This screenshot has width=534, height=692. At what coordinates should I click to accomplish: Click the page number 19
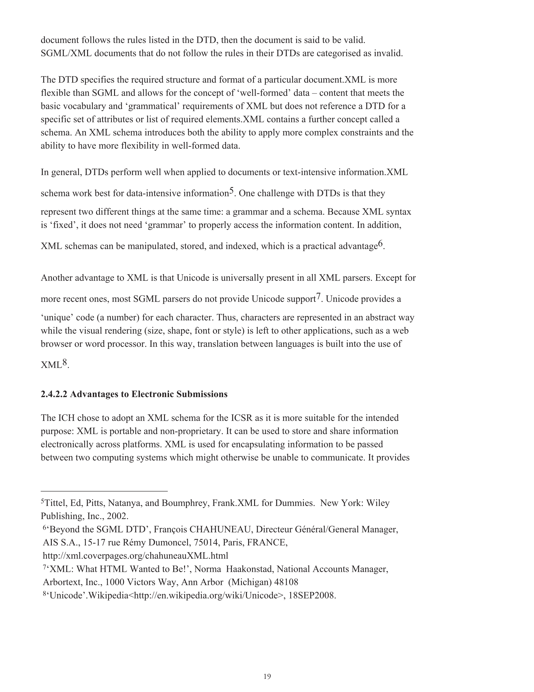coord(267,676)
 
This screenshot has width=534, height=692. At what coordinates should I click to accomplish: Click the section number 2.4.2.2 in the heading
coord(54,394)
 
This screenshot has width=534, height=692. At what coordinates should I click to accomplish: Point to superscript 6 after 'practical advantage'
coord(380,244)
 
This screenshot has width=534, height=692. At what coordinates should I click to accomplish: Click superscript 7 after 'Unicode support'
coord(318,297)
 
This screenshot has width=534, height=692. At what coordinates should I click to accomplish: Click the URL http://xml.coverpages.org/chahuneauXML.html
coord(136,556)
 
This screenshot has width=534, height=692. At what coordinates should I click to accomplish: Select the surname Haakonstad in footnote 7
coord(249,569)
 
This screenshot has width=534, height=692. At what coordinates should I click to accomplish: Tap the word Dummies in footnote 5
coord(298,503)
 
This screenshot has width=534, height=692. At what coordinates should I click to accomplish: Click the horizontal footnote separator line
coord(104,491)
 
